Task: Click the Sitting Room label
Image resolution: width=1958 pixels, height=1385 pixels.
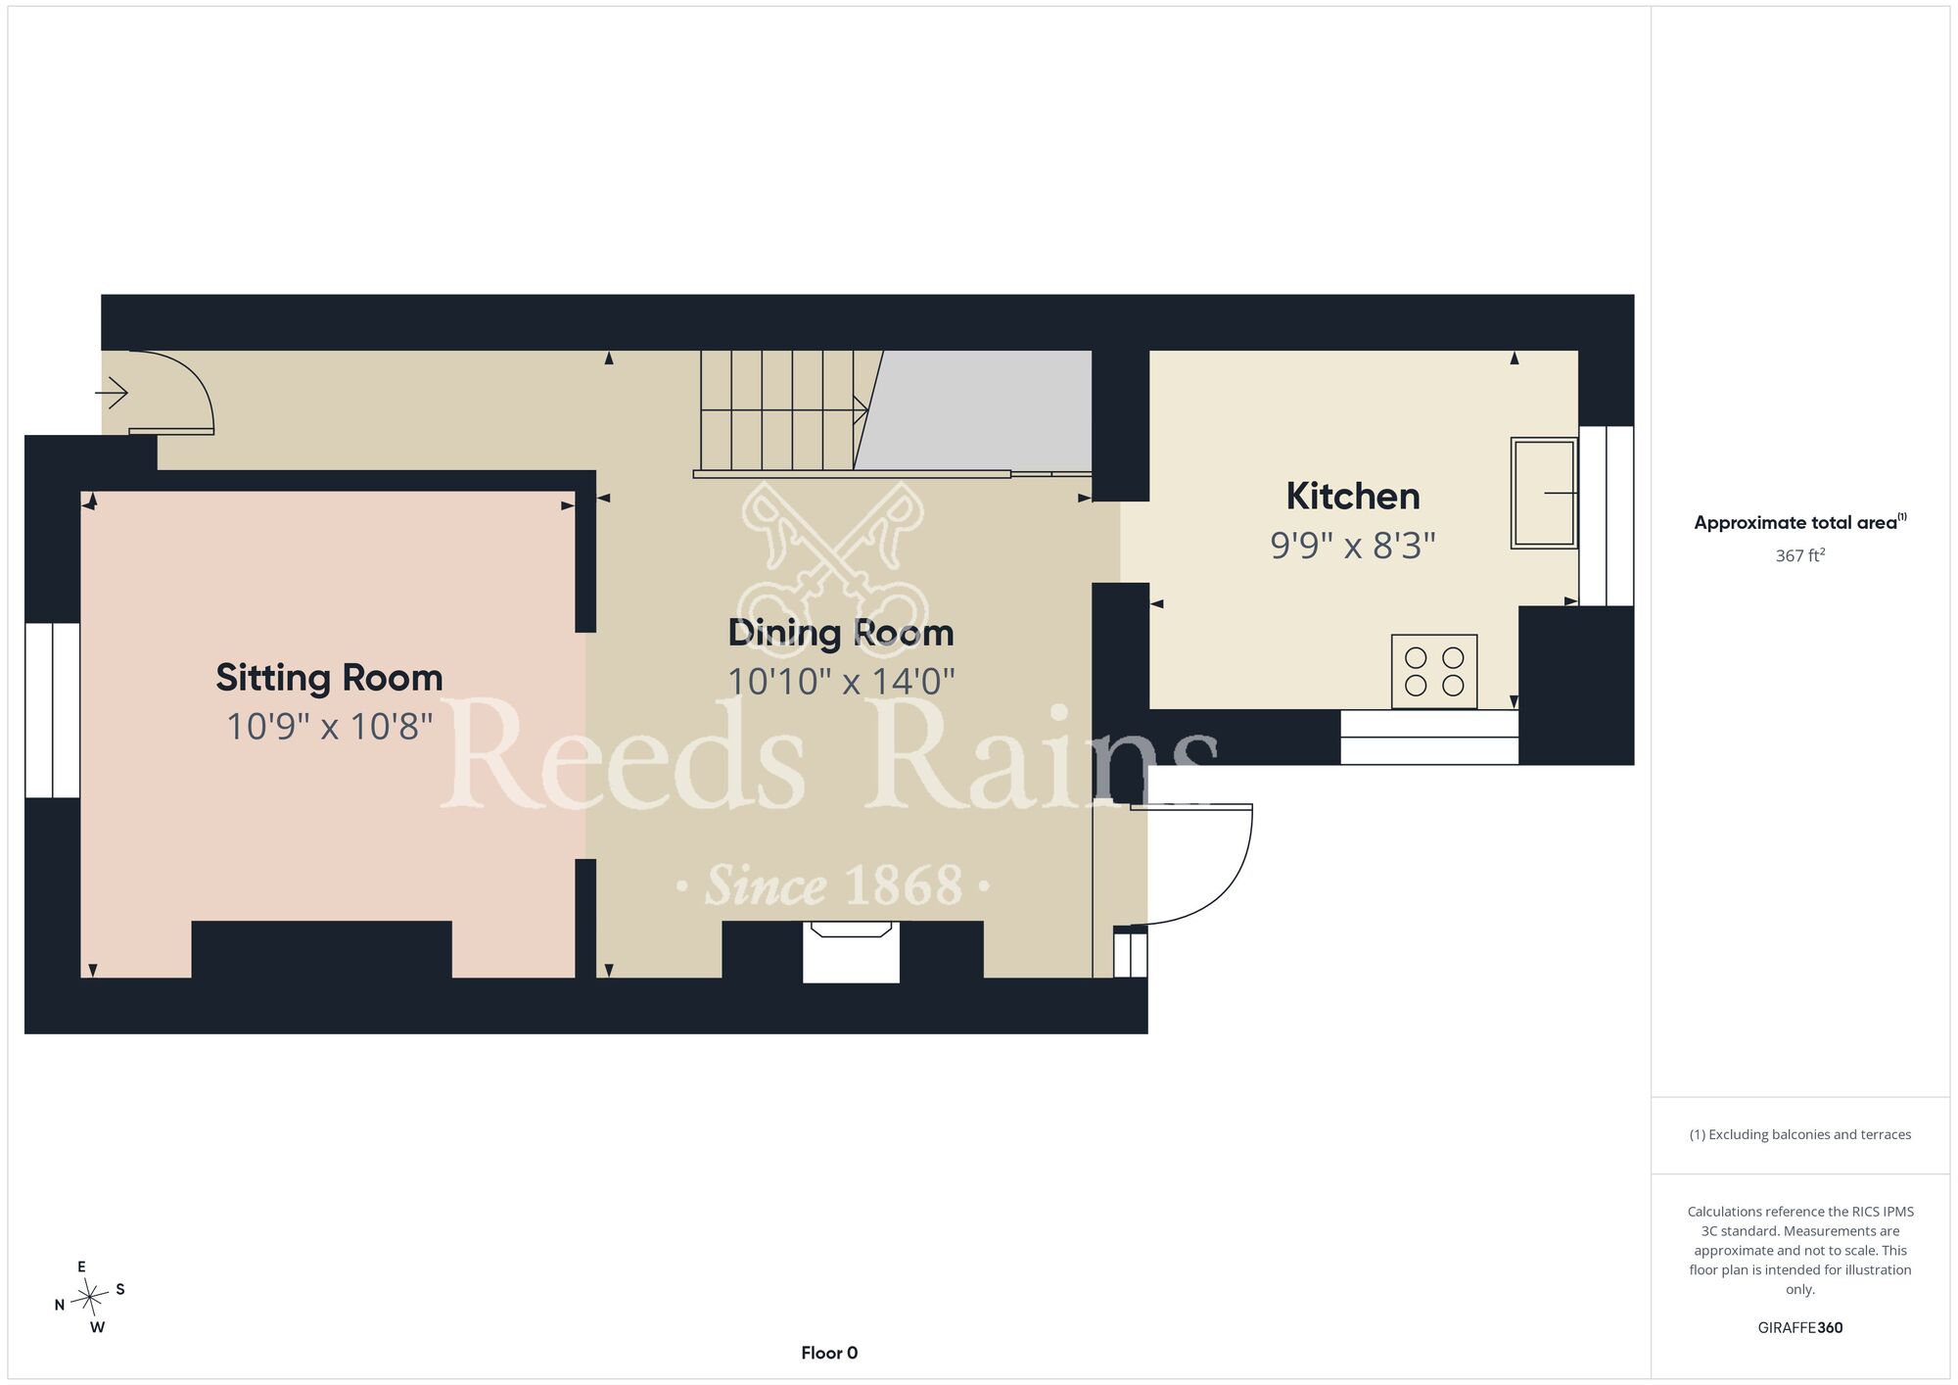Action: coord(329,678)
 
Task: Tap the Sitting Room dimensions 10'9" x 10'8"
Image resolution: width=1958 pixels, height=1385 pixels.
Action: coord(329,727)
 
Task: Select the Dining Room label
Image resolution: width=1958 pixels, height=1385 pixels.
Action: coord(841,633)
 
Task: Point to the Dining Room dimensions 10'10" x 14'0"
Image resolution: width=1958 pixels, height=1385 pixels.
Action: coord(841,681)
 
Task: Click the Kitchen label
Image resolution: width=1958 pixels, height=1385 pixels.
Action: coord(1353,497)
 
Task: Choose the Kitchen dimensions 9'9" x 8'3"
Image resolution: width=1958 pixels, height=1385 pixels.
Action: coord(1353,545)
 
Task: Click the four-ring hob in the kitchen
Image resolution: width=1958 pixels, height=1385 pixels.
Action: coord(1434,671)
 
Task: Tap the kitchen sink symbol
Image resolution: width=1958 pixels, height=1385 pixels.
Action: coord(1544,493)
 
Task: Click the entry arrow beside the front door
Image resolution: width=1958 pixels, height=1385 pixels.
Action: coord(111,394)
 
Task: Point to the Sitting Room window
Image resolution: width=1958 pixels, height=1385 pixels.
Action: coord(52,710)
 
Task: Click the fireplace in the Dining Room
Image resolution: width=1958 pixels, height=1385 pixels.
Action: coord(851,951)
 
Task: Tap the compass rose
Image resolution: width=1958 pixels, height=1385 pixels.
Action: coord(90,1298)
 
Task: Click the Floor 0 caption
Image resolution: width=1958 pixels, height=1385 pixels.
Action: coord(829,1353)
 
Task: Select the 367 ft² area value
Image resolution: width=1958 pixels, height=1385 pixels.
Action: coord(1800,555)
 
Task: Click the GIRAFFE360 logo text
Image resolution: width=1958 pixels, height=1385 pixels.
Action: coord(1800,1328)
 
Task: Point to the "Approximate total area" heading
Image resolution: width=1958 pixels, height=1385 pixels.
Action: coord(1799,522)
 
